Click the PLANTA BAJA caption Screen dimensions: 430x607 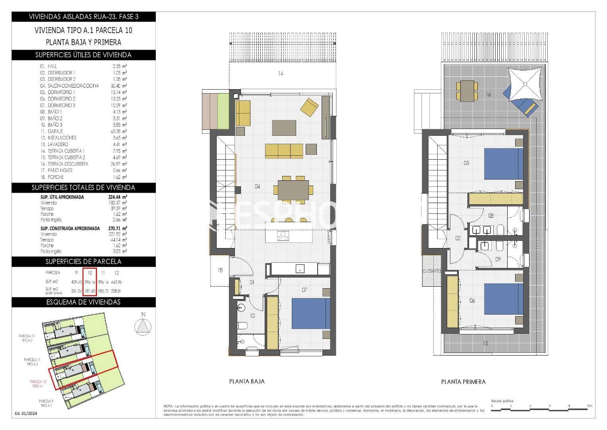pyautogui.click(x=247, y=381)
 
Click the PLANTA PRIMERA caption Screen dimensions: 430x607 pyautogui.click(x=463, y=381)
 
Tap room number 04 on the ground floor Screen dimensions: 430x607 pyautogui.click(x=257, y=186)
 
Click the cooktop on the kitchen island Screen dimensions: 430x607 pyautogui.click(x=283, y=236)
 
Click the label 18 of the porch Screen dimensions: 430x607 pyautogui.click(x=220, y=270)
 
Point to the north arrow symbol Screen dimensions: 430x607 pyautogui.click(x=143, y=326)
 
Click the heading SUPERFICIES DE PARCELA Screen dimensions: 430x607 pyautogui.click(x=83, y=262)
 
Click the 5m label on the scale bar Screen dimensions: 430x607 pyautogui.click(x=589, y=406)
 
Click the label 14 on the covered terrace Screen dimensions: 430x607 pyautogui.click(x=281, y=74)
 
